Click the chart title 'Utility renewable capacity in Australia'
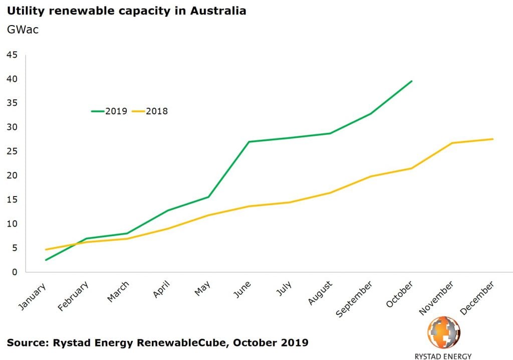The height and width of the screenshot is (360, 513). [x=126, y=11]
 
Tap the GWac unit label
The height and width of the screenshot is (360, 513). [x=23, y=30]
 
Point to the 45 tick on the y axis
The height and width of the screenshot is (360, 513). [x=12, y=55]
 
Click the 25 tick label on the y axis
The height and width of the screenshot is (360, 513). [x=12, y=151]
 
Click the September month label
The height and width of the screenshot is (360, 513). [x=355, y=298]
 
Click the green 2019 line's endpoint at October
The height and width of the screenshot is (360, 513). [x=411, y=81]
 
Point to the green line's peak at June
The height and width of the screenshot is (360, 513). [x=249, y=141]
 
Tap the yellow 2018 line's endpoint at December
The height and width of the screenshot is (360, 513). [x=493, y=139]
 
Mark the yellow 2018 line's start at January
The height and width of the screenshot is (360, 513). [x=46, y=249]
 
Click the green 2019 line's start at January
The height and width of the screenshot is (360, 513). [x=46, y=260]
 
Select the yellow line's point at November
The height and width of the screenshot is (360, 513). [x=452, y=143]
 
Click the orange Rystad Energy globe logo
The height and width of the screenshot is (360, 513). [x=443, y=332]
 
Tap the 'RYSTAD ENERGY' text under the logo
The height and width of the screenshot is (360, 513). [x=443, y=356]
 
